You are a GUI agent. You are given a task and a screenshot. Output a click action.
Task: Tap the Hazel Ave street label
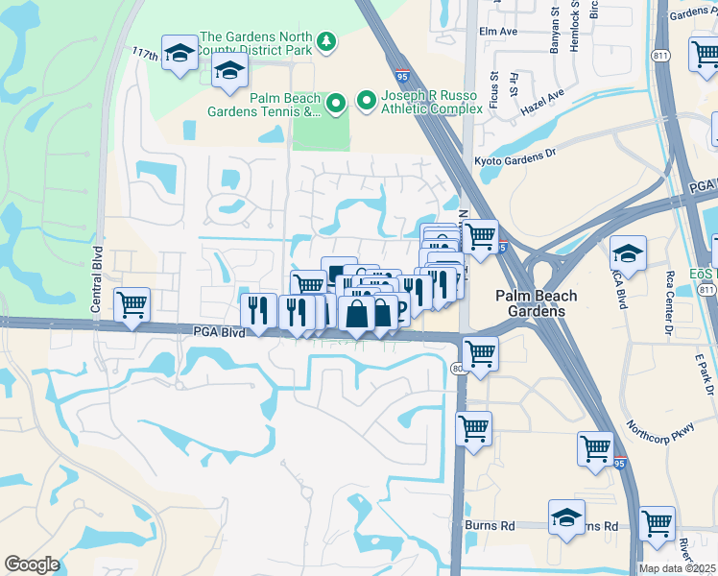pos(542,103)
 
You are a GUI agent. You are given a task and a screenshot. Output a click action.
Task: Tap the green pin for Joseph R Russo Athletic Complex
pos(366,100)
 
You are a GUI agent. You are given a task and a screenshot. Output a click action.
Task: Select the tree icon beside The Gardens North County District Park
pos(327,41)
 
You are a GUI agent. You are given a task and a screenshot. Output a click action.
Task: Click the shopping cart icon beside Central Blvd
pos(132,305)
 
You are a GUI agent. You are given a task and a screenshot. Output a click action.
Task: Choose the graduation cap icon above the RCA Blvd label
pos(627,253)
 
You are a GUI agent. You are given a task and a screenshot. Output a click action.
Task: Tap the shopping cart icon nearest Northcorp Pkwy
pos(595,447)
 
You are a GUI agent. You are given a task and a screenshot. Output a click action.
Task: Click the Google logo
pos(32,564)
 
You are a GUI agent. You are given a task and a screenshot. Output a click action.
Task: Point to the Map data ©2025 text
pos(678,568)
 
